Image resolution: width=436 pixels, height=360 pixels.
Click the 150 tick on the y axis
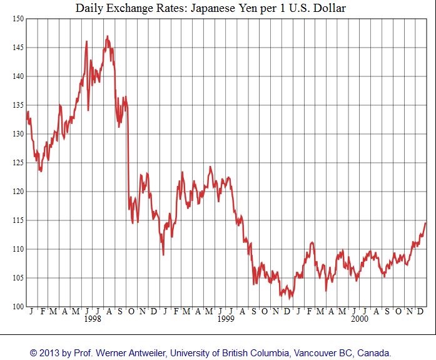click(x=17, y=19)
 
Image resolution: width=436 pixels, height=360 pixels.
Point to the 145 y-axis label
click(x=17, y=48)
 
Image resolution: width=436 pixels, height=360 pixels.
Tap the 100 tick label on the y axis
click(x=17, y=307)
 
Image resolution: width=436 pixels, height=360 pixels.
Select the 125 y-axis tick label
click(x=17, y=163)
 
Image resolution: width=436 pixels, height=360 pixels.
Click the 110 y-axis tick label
click(x=17, y=249)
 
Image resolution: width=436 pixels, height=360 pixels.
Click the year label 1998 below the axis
click(x=93, y=319)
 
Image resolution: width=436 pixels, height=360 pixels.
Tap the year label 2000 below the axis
click(x=359, y=319)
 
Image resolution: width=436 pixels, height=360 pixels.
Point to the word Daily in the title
click(x=90, y=8)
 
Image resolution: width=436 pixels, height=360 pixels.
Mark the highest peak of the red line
click(x=107, y=36)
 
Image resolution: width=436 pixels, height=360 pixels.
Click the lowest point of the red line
click(x=290, y=299)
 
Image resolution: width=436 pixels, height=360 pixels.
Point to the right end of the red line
click(x=426, y=223)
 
